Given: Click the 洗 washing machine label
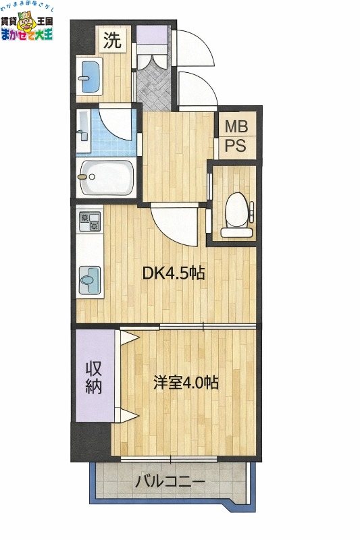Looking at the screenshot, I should pyautogui.click(x=112, y=40).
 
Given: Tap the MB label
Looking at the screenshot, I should pyautogui.click(x=236, y=126).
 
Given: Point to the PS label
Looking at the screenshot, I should pyautogui.click(x=236, y=144).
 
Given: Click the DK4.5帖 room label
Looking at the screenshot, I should pyautogui.click(x=173, y=273).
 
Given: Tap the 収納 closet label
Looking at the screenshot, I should pyautogui.click(x=94, y=377).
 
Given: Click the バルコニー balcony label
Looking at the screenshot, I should pyautogui.click(x=170, y=482).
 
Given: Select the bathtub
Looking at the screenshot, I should pyautogui.click(x=106, y=178).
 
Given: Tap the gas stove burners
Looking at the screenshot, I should pyautogui.click(x=89, y=221).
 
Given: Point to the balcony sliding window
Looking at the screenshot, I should pyautogui.click(x=170, y=459).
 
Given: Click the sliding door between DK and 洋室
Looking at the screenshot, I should pyautogui.click(x=203, y=327).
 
